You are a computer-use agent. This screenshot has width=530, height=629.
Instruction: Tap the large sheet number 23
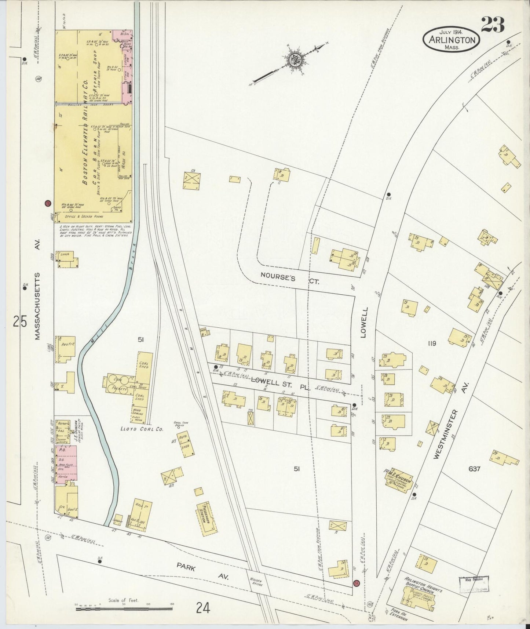[x=492, y=25]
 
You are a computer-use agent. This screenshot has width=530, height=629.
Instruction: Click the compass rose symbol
[x=294, y=61]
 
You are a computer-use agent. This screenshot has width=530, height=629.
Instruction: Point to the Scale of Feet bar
[x=121, y=610]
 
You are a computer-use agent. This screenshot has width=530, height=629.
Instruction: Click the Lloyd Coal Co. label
[x=145, y=429]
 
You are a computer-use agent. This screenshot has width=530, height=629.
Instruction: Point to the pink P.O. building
[x=66, y=462]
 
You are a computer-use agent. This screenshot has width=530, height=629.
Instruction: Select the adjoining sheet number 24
[x=202, y=608]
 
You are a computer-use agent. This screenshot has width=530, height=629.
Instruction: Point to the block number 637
[x=474, y=468]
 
